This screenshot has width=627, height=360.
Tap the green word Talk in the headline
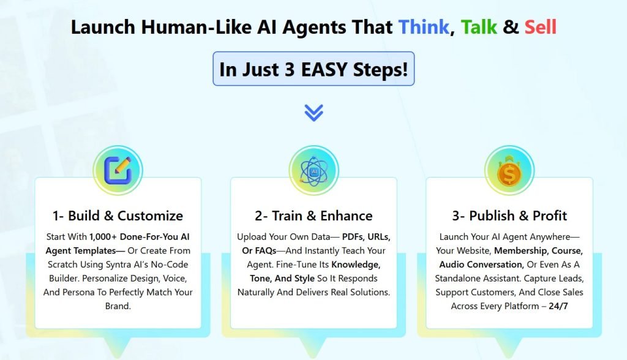point(480,27)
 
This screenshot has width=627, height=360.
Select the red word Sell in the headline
point(540,27)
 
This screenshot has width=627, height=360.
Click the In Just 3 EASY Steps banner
point(313,69)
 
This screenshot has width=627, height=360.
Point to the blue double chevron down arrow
point(313,112)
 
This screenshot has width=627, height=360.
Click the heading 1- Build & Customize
point(118,216)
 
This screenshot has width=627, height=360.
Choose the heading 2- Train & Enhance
point(313,216)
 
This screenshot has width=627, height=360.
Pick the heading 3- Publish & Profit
point(509,216)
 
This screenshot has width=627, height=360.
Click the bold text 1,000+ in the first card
point(103,236)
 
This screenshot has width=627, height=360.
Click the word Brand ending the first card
point(118,306)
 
